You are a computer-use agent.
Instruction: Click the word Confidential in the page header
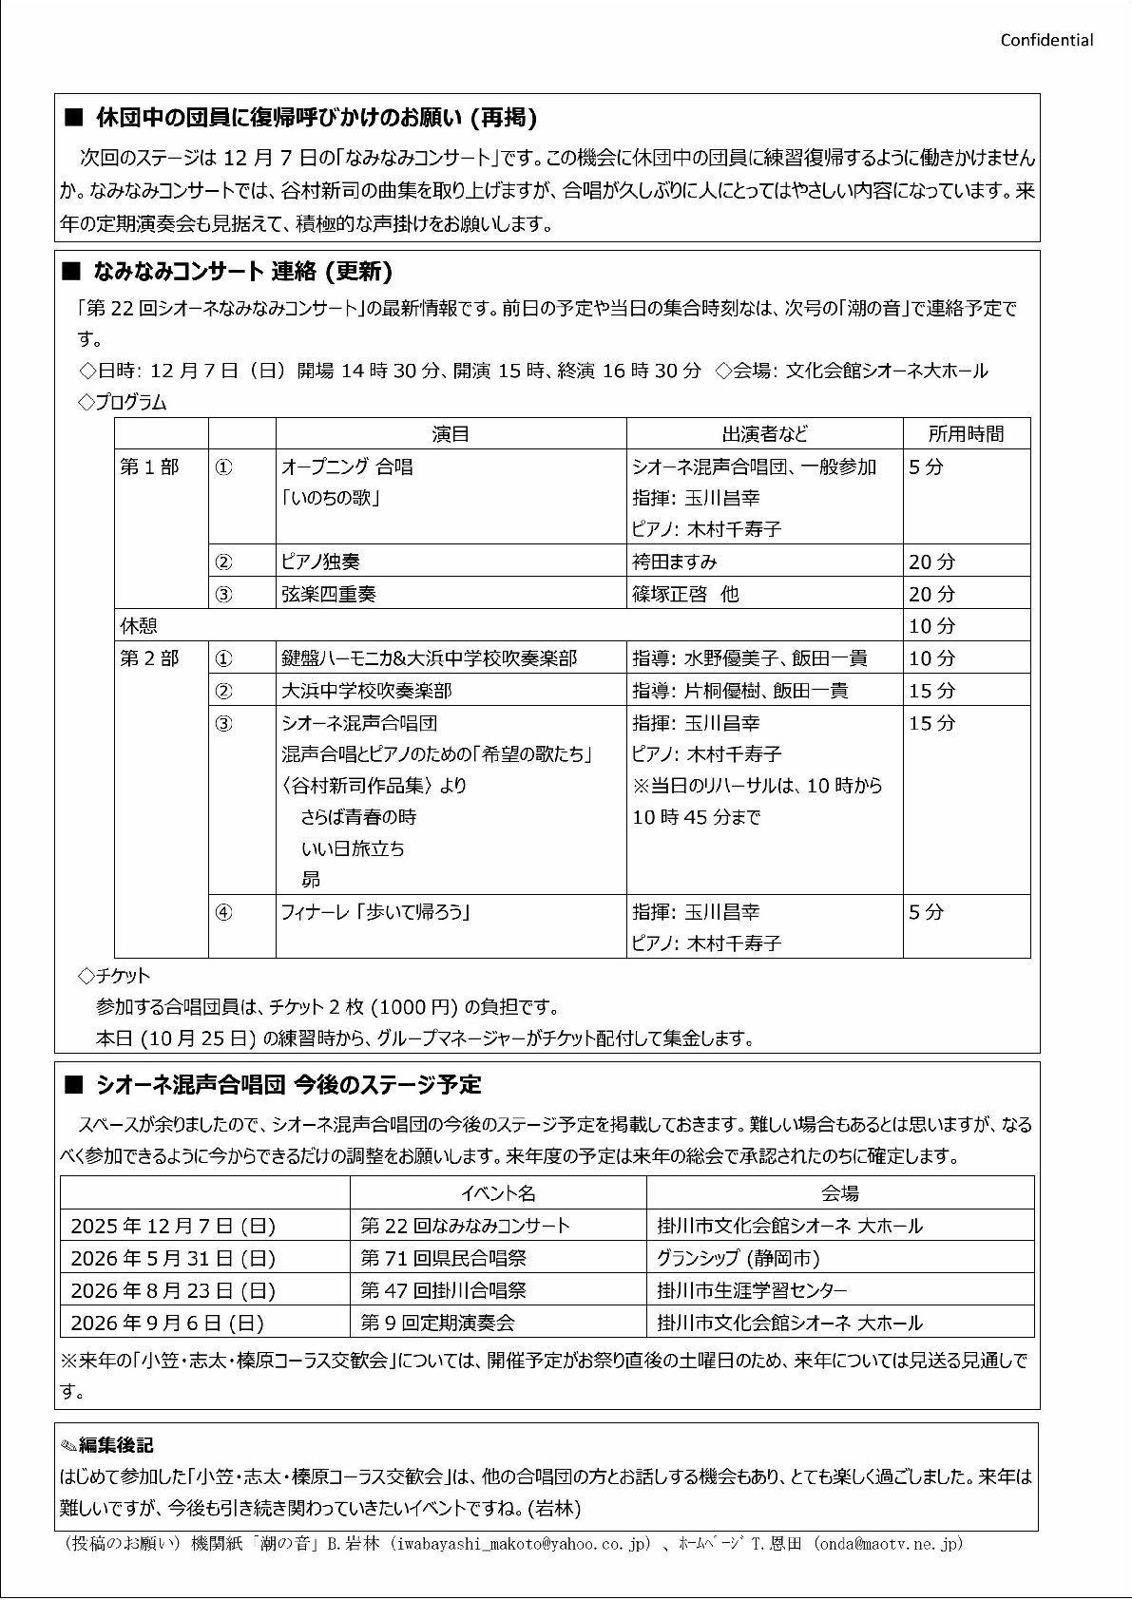coord(1046,40)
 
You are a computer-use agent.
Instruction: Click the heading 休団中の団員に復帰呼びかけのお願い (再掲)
coord(316,118)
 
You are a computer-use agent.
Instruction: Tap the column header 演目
coord(451,434)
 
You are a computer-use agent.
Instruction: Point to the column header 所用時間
coord(966,434)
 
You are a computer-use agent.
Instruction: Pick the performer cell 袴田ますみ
coord(675,562)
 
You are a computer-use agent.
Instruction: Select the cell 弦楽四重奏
coord(329,594)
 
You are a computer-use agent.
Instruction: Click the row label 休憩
coord(139,626)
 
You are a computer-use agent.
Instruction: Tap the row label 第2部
coord(149,658)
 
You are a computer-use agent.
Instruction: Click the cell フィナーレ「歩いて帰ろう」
coord(376,912)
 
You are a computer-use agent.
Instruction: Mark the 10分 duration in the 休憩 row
coord(931,626)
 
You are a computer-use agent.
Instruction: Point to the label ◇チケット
coord(114,976)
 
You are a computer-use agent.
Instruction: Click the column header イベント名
coord(498,1193)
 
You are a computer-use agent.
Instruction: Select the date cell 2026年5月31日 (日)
coord(173,1258)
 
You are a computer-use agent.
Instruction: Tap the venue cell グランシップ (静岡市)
coord(739,1258)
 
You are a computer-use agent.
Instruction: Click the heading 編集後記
coord(115,1445)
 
